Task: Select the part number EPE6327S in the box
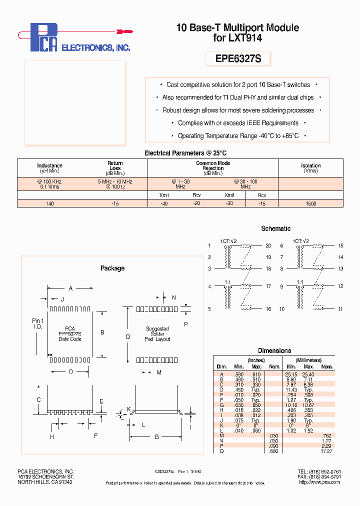[x=238, y=59]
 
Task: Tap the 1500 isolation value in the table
[x=310, y=203]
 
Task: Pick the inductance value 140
[x=49, y=203]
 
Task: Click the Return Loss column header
[x=115, y=165]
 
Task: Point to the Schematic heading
[x=275, y=228]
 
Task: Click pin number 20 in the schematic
[x=268, y=245]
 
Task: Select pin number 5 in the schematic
[x=210, y=309]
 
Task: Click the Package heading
[x=112, y=268]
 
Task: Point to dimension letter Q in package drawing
[x=127, y=337]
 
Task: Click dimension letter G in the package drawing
[x=156, y=436]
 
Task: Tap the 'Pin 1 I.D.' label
[x=38, y=323]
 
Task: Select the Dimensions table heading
[x=274, y=350]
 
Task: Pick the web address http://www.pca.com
[x=319, y=482]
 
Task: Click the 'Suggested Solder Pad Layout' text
[x=157, y=334]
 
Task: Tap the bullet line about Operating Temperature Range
[x=238, y=136]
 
